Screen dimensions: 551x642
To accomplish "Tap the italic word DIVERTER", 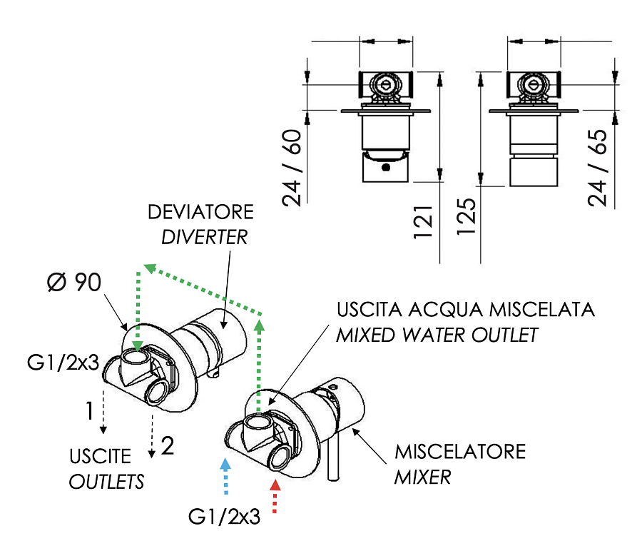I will [204, 237].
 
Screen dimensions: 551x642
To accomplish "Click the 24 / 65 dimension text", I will [600, 168].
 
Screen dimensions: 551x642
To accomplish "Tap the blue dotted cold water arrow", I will [226, 476].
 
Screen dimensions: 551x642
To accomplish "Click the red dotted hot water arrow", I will [277, 497].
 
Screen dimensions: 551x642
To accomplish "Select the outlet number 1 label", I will [89, 411].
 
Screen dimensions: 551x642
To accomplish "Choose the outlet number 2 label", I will [168, 447].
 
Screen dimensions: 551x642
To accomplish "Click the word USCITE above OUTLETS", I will [100, 456].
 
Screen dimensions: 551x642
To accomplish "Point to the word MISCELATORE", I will [460, 452].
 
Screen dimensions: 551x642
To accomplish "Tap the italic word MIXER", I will [422, 476].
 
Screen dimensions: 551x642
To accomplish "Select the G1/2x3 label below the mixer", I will [223, 516].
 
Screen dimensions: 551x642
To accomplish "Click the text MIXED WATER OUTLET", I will [437, 335].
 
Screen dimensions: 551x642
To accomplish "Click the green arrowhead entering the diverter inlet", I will [138, 346].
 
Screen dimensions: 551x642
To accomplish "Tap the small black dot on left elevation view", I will [386, 168].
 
